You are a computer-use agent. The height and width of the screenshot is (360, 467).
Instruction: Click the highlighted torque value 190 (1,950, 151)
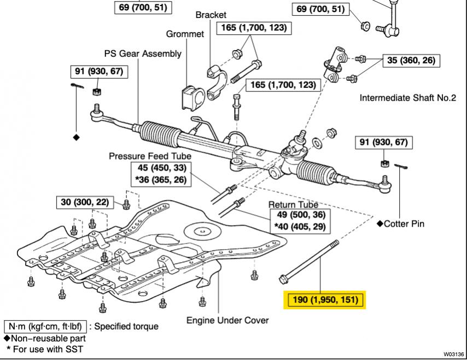(x=325, y=299)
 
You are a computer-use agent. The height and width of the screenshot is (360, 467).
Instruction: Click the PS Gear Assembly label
(x=143, y=54)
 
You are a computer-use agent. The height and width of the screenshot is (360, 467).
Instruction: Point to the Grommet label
(x=185, y=34)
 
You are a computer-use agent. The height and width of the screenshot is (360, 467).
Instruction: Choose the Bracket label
(x=211, y=15)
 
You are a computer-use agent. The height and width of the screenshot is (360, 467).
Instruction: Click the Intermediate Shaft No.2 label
(x=408, y=98)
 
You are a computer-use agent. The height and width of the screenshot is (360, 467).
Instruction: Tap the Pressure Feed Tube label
(x=150, y=156)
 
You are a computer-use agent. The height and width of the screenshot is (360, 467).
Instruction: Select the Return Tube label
(x=293, y=204)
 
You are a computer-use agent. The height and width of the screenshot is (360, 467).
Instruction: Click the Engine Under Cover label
(x=227, y=320)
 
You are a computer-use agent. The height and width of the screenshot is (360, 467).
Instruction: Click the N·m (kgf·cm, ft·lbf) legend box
(x=45, y=326)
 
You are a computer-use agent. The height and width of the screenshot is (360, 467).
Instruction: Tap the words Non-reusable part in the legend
(x=48, y=339)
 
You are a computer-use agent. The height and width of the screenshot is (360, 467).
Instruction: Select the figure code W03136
(x=454, y=354)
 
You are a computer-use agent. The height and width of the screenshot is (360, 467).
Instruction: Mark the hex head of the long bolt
(x=283, y=279)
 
